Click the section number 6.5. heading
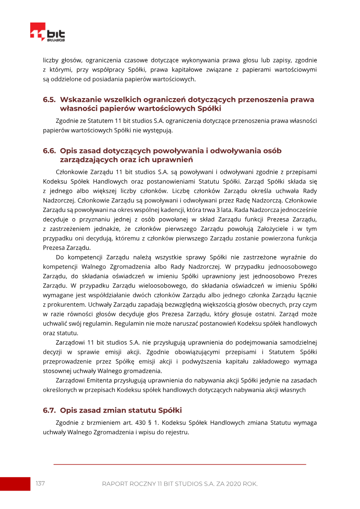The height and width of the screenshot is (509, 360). pos(49,99)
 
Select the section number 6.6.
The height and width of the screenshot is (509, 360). pos(49,151)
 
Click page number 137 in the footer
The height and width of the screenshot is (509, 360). pos(40,483)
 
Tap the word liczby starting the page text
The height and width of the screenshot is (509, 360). pos(51,60)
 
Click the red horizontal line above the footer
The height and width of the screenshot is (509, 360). pos(180,464)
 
